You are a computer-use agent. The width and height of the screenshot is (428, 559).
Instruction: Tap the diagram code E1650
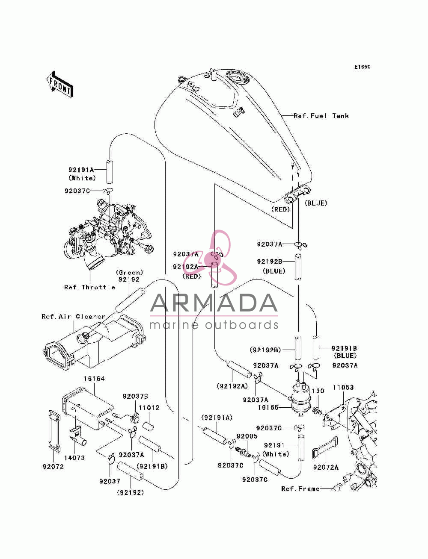coord(362,67)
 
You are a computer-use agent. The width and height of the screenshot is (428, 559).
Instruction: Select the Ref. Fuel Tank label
coord(321,116)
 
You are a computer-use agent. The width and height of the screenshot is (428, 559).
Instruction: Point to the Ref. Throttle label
coord(89,287)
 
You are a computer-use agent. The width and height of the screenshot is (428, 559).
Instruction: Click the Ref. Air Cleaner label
coord(74,316)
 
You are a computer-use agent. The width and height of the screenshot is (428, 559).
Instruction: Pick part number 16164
coord(95,379)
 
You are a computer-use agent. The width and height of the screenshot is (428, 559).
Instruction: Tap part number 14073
coord(74,458)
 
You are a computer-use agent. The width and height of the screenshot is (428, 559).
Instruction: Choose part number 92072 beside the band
coord(53,467)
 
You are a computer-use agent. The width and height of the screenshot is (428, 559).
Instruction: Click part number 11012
coord(149,408)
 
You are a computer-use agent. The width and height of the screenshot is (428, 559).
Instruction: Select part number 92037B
coord(135,396)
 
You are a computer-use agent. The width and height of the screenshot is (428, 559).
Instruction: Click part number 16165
coord(268,407)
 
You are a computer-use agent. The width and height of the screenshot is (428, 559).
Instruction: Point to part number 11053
coord(343,388)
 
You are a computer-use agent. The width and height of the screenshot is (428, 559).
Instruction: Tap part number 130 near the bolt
coord(318,391)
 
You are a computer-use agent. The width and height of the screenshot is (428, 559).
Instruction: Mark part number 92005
coord(247,436)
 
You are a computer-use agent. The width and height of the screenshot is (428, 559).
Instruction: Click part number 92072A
coord(326,467)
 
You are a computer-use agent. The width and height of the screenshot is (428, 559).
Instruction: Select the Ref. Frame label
coord(300,489)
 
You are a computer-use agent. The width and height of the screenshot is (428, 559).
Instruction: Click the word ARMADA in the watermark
coord(214,303)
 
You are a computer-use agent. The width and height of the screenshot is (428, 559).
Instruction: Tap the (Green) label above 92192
coord(130,272)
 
